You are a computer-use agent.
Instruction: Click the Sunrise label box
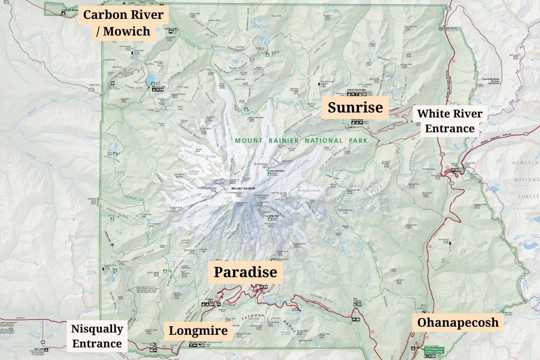[x=355, y=108]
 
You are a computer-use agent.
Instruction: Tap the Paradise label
[x=245, y=272]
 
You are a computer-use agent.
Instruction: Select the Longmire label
[x=198, y=331]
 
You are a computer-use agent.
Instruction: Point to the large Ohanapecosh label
[x=458, y=322]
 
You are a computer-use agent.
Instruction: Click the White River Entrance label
[x=450, y=121]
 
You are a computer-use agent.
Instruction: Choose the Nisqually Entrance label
[x=97, y=336]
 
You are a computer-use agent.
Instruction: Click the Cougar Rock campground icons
[x=212, y=304]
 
